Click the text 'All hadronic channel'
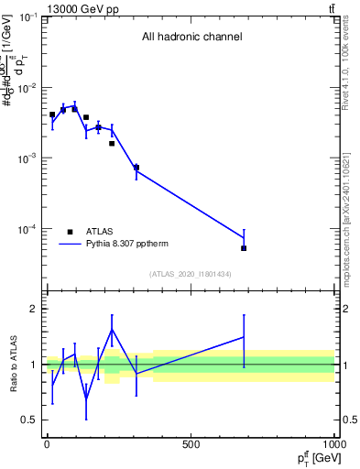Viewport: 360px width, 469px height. pos(191,38)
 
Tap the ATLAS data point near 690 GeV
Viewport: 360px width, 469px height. pos(244,248)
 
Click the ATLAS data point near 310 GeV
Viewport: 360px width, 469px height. pos(136,168)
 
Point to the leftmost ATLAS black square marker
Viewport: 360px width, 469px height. pos(52,115)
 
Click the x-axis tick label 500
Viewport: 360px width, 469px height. pos(191,446)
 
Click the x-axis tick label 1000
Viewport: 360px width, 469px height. pos(333,446)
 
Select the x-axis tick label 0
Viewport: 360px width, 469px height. pos(47,446)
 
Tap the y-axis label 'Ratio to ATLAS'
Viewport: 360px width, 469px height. pos(12,364)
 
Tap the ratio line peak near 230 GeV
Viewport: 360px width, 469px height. pos(112,330)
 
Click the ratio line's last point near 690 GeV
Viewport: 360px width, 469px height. pos(244,337)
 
